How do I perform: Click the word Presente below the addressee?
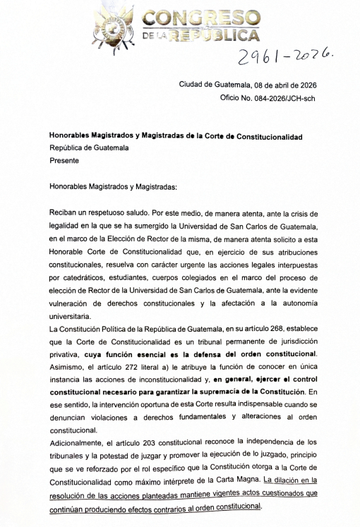point(64,160)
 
